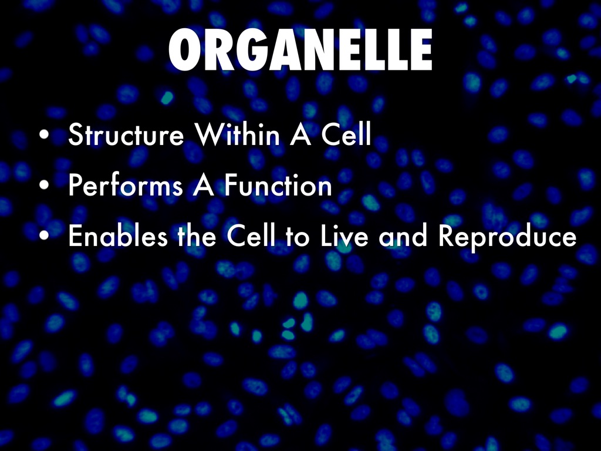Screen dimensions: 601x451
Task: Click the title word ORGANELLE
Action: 300,50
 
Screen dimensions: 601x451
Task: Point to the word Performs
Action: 126,185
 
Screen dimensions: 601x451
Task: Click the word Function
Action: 278,185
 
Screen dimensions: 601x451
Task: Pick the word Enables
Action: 118,235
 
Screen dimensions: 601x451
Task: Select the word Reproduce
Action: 508,238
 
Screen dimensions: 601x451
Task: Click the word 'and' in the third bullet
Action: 403,235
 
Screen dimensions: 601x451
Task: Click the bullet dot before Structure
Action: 44,134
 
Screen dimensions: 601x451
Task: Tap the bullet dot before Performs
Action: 44,185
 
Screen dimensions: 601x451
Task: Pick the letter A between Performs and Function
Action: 204,185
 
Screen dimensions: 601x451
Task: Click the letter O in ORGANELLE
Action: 184,50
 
